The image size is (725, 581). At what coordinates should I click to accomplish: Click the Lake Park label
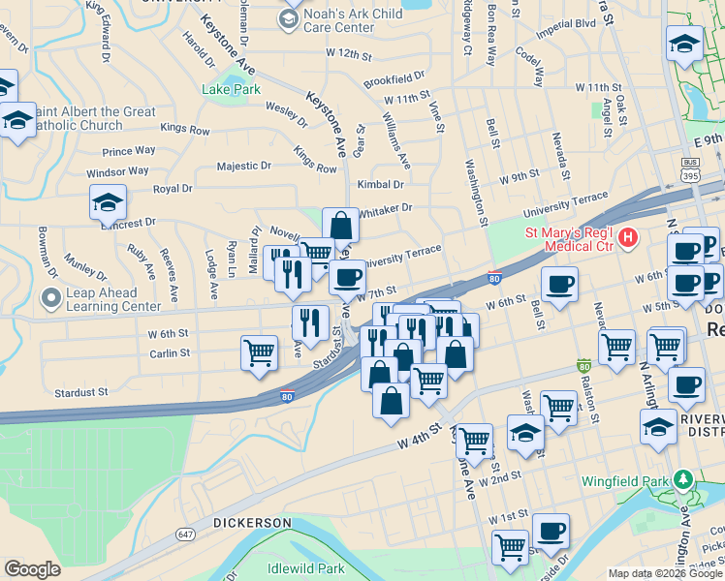(x=232, y=90)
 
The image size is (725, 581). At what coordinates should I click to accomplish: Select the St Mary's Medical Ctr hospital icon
(x=629, y=236)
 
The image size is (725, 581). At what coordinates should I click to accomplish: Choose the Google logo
(x=32, y=569)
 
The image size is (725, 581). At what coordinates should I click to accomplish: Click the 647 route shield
(x=186, y=535)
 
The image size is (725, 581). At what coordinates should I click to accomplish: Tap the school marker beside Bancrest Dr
(x=108, y=202)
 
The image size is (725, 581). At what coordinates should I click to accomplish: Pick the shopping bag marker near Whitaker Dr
(x=340, y=226)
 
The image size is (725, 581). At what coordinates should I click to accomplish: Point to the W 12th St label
(x=349, y=51)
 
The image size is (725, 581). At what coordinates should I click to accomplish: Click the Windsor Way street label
(x=117, y=171)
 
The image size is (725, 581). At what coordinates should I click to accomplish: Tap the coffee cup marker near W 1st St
(x=551, y=531)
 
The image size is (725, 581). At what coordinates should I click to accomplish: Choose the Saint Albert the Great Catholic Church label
(x=93, y=118)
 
